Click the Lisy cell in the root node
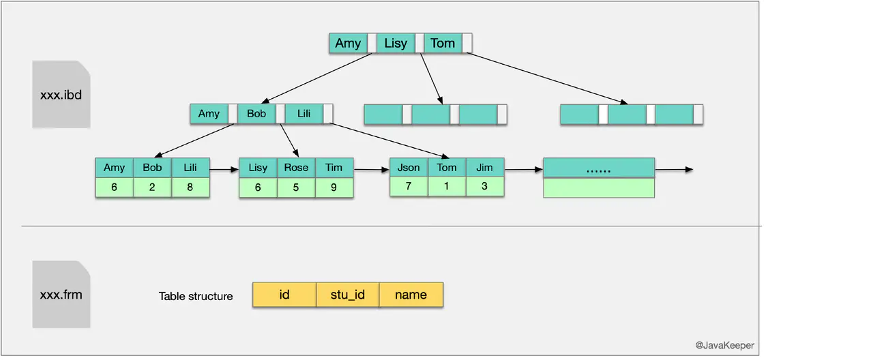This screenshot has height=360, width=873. coord(396,43)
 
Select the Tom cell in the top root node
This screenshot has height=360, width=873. coord(443,43)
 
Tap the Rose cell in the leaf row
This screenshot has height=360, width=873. coord(296,168)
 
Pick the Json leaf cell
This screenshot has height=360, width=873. coord(409,168)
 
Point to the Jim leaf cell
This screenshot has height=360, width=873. coord(485,168)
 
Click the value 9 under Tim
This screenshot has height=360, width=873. coord(334,187)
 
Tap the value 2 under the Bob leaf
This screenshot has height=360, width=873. coord(152,187)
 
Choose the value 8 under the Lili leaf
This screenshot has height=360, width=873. coord(190,187)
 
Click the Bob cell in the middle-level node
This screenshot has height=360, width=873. coord(256,113)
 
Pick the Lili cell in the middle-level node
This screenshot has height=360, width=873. coord(304,113)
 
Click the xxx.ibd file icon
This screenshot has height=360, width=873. coord(61,94)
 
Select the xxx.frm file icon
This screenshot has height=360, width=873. coord(61,295)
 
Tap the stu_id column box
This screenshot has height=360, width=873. coord(348,295)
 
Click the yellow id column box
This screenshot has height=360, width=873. coord(284,295)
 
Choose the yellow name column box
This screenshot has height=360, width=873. coord(411,295)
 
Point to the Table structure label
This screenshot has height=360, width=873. coord(196,296)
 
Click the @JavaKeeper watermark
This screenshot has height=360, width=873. coord(724,346)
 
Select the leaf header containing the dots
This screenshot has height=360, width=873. coord(599,168)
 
